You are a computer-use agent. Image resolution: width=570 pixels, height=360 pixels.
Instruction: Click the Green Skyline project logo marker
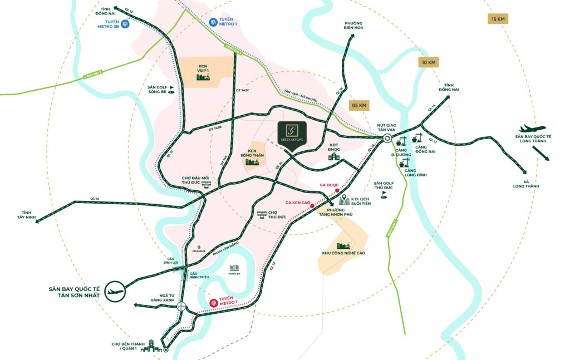coord(293,132)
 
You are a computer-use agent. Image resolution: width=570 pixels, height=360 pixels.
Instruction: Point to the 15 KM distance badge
coord(498,19)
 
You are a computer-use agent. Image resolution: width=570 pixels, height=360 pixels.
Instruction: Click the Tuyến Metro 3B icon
coord(127,24)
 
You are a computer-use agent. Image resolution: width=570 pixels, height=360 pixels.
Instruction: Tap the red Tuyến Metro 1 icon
coord(213,303)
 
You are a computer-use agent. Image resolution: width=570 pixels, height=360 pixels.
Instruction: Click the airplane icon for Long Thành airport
coord(532,129)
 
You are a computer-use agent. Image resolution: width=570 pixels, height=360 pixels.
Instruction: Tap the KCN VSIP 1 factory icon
coord(202,77)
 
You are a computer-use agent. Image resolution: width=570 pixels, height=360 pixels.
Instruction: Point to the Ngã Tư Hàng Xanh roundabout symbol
coord(181,307)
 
